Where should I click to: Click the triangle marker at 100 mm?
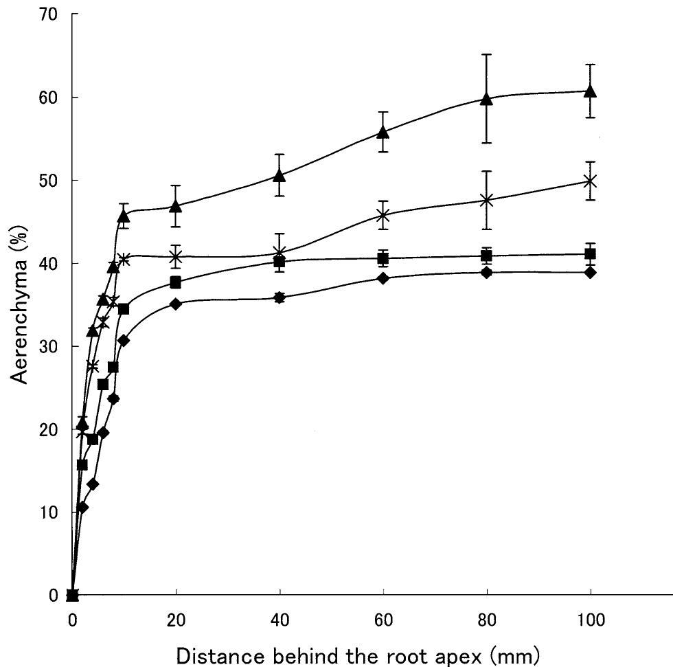tap(590, 91)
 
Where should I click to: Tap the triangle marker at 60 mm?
tap(383, 132)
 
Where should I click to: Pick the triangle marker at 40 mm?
tap(280, 175)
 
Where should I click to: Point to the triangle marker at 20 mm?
tap(176, 206)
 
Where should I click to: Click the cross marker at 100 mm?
tap(590, 181)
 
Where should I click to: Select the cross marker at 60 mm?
tap(383, 216)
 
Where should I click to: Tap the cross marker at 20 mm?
tap(176, 257)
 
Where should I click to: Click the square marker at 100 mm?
tap(590, 254)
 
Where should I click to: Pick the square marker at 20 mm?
tap(176, 282)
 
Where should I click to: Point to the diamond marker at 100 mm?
tap(590, 273)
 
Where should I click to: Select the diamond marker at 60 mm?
tap(383, 278)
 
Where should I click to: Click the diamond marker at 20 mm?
tap(176, 304)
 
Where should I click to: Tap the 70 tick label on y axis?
tap(48, 14)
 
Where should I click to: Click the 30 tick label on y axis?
tap(48, 346)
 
